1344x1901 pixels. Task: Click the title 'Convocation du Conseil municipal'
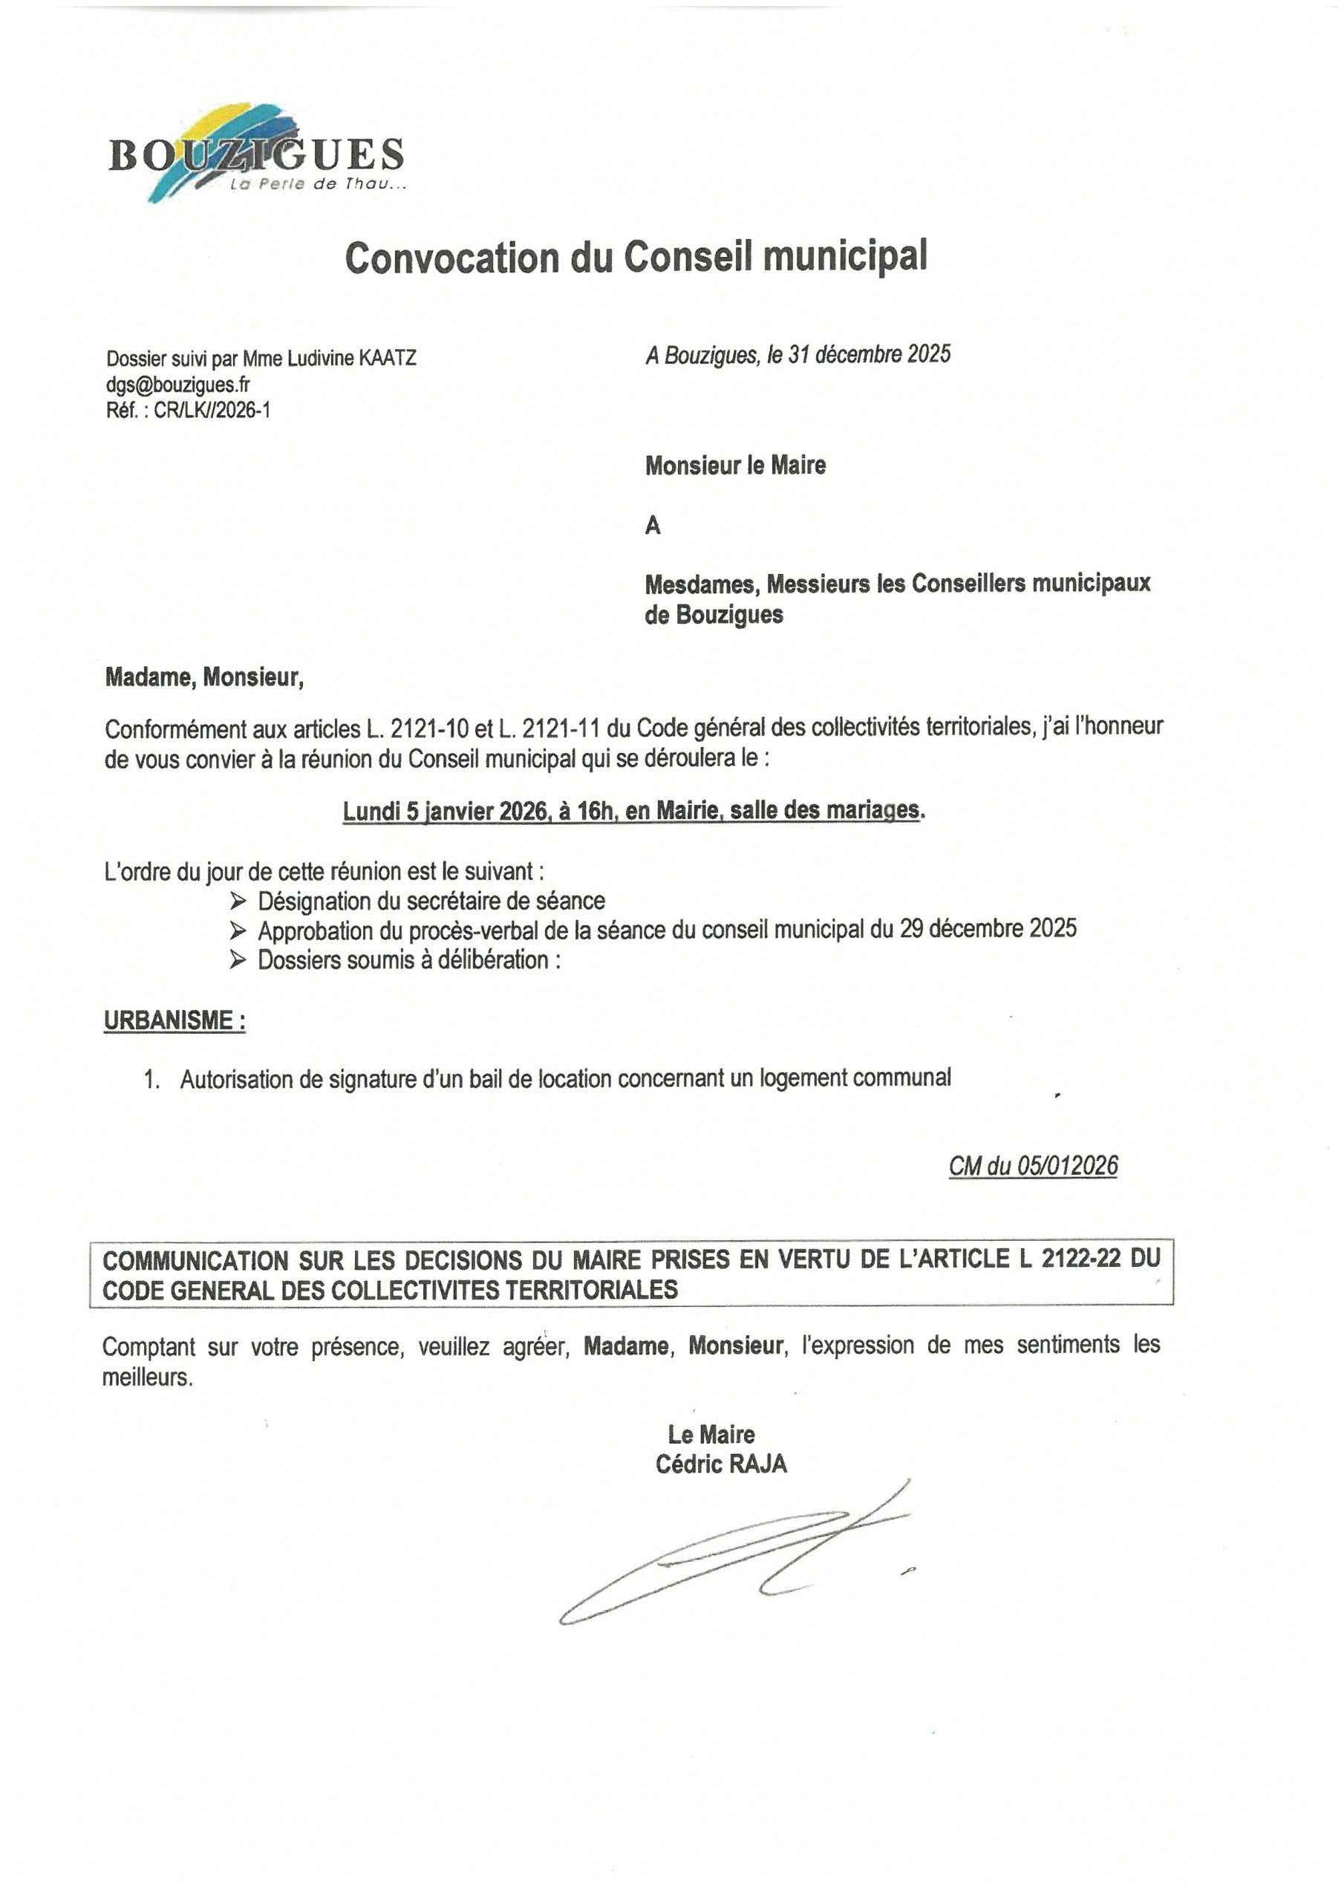coord(635,257)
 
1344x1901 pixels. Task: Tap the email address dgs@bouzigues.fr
coord(178,384)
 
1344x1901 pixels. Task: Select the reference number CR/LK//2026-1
coord(212,410)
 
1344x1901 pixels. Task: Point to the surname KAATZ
coord(387,359)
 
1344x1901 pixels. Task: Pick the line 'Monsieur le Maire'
coord(735,466)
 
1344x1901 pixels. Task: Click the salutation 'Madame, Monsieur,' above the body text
coord(203,678)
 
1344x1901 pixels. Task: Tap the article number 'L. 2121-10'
coord(418,728)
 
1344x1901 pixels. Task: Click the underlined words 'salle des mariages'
coord(825,809)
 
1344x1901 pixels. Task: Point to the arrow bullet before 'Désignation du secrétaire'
coord(238,901)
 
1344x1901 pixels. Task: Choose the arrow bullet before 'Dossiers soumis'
coord(238,960)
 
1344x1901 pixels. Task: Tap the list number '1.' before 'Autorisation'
coord(151,1080)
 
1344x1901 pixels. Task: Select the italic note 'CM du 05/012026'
coord(1033,1166)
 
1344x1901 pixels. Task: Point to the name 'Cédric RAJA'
coord(720,1464)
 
